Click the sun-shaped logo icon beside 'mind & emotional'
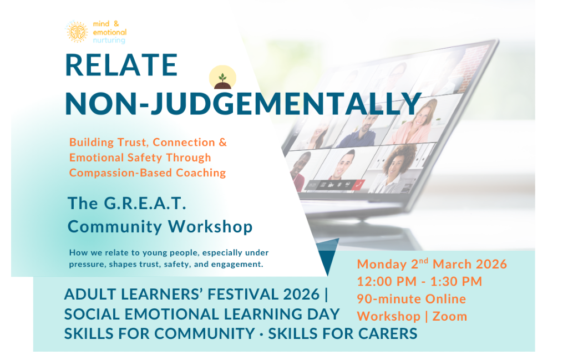click(x=77, y=32)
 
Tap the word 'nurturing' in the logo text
click(x=110, y=40)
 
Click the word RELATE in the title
click(x=121, y=65)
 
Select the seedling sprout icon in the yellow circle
click(x=222, y=78)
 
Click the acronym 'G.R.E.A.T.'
click(x=144, y=203)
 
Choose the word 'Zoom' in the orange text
click(x=450, y=316)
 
